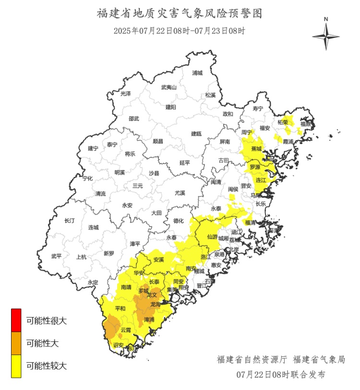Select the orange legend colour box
pos(16,343)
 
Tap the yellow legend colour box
pos(16,366)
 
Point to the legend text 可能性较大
pos(47,366)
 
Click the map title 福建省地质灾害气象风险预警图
pos(180,13)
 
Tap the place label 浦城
pos(197,73)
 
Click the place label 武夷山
pos(168,87)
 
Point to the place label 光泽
pos(125,94)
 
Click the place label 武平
pos(57,256)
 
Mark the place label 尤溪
pos(180,193)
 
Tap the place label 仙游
pos(212,237)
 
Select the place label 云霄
pos(126,330)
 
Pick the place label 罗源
pos(255,167)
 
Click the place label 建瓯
pos(197,134)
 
